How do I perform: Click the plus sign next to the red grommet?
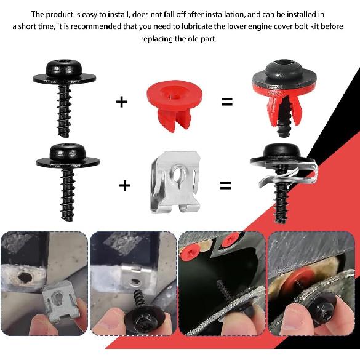(122, 102)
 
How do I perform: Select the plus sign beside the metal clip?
(125, 184)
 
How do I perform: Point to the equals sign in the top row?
(227, 102)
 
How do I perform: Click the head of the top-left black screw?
(63, 71)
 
